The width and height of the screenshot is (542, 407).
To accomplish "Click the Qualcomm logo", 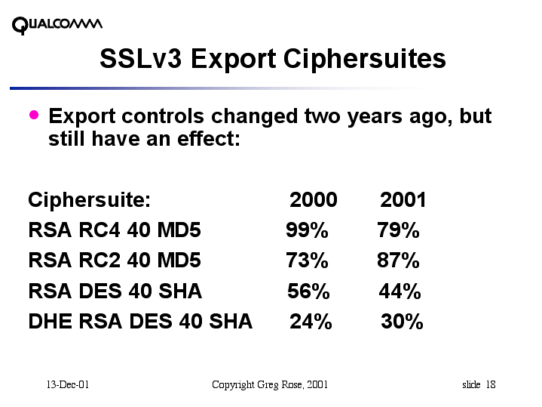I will tap(57, 25).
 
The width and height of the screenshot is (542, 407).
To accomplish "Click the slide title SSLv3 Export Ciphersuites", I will tap(272, 59).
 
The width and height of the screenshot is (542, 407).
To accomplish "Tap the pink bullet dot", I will tap(33, 115).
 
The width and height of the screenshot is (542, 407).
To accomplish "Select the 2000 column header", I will tap(314, 200).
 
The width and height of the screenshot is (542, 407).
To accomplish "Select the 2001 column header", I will tap(403, 200).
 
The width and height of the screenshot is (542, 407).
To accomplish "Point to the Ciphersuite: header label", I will tap(90, 200).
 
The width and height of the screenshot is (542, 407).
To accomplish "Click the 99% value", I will tap(307, 230).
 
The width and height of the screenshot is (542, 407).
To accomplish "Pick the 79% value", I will tap(398, 230).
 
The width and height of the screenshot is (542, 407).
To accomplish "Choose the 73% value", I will tap(307, 261).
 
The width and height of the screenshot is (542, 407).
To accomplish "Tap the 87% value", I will tap(398, 261).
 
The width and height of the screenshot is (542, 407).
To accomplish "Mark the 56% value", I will tap(309, 291).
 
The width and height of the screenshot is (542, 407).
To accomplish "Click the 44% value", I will tap(400, 291).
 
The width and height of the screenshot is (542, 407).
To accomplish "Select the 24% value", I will tap(311, 322).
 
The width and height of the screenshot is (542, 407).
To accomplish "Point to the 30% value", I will tap(402, 322).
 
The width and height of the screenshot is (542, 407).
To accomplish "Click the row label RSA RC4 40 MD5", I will tap(115, 230).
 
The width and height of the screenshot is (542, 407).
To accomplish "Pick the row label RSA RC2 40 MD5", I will tap(115, 261).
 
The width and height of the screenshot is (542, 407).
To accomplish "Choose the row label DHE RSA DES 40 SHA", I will tap(140, 322).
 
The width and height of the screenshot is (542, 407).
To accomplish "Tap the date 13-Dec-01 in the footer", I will tap(68, 385).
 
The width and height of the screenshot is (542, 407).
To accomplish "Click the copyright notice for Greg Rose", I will tap(270, 385).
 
